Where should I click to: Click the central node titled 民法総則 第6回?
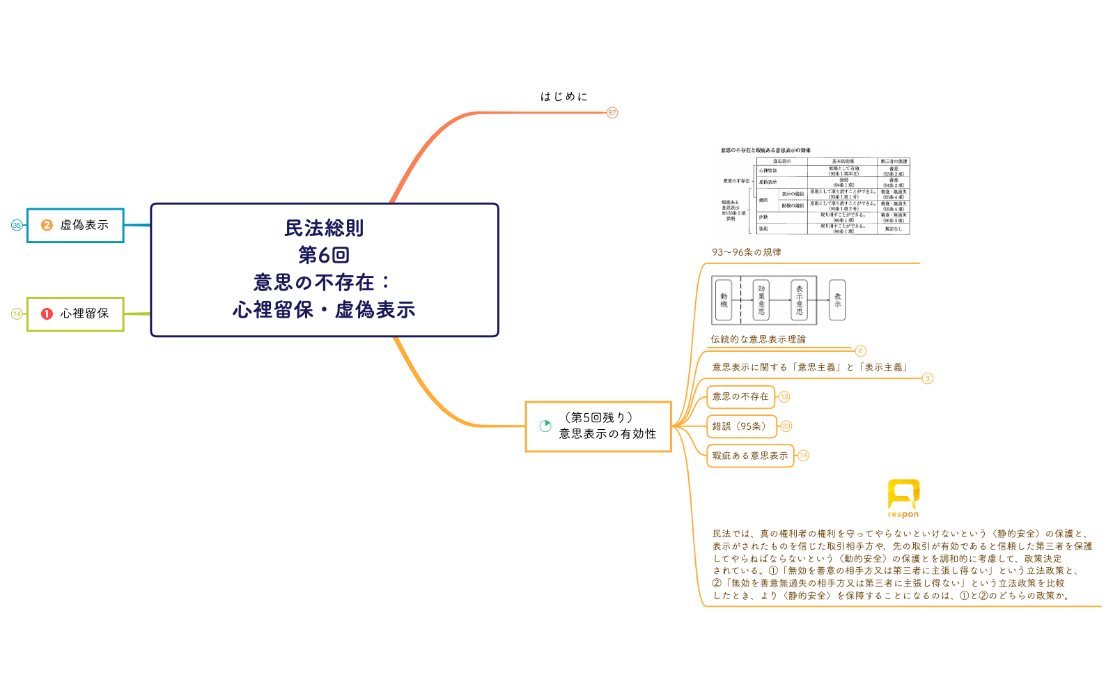pos(325,270)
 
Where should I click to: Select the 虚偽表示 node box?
pos(75,225)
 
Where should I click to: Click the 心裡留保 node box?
pos(75,313)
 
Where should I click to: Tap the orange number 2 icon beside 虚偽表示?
pos(47,225)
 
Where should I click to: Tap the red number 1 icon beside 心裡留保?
pos(47,313)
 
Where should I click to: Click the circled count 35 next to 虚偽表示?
pos(17,225)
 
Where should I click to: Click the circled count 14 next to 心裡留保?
pos(17,313)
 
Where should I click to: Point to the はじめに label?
pos(564,97)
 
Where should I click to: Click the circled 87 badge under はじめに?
pos(612,112)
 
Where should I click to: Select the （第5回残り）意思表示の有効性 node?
pos(599,426)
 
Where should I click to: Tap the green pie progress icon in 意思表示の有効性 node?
pos(545,426)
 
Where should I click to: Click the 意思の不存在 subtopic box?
pos(740,396)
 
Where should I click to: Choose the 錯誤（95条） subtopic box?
pos(740,426)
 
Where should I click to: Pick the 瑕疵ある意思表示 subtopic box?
pos(750,456)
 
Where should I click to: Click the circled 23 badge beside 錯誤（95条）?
pos(786,426)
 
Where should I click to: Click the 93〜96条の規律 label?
pos(746,252)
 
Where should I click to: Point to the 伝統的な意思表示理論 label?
pos(758,339)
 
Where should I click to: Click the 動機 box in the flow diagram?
pos(724,300)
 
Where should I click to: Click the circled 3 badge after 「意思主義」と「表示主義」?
pos(927,378)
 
